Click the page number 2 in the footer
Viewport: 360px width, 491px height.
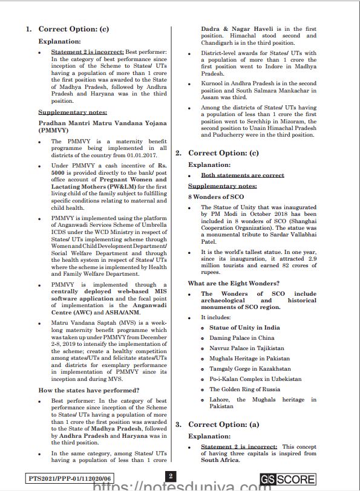pyautogui.click(x=171, y=475)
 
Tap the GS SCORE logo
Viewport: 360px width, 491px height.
pyautogui.click(x=287, y=480)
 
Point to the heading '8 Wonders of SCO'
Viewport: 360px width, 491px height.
pyautogui.click(x=216, y=197)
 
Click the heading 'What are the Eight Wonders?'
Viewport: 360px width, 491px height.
pyautogui.click(x=233, y=283)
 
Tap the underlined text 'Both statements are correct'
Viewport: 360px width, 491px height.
pyautogui.click(x=242, y=175)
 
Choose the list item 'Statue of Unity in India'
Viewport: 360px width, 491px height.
pyautogui.click(x=244, y=328)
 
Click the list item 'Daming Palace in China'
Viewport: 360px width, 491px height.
pyautogui.click(x=241, y=338)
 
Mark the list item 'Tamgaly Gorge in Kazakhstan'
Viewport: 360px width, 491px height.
pyautogui.click(x=249, y=369)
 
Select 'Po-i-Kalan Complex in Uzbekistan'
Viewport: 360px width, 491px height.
pyautogui.click(x=255, y=379)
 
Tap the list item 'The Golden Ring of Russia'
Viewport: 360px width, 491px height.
pyautogui.click(x=245, y=389)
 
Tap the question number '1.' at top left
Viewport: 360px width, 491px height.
pyautogui.click(x=28, y=29)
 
